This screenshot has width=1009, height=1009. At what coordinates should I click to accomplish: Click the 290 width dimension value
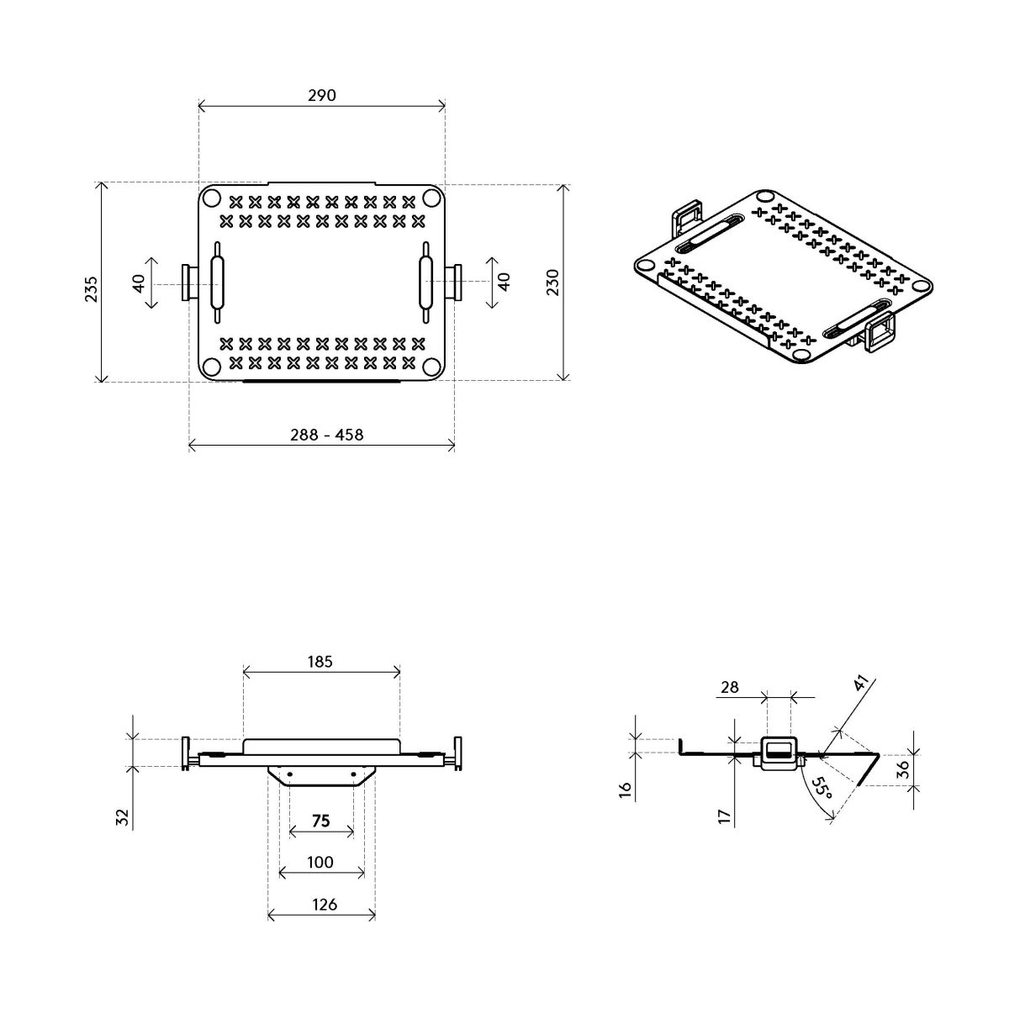[x=321, y=95]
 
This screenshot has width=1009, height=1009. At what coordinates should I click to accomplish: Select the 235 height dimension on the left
[x=91, y=288]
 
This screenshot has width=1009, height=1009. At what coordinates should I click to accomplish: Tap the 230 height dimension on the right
[x=552, y=282]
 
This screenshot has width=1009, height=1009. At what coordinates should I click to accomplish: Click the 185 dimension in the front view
[x=320, y=662]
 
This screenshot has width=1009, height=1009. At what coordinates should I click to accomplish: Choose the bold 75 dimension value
[x=320, y=821]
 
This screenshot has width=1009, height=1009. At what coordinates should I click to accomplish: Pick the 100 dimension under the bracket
[x=320, y=862]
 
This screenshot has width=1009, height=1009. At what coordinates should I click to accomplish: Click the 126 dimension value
[x=324, y=905]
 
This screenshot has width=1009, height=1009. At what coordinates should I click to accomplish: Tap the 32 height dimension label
[x=121, y=816]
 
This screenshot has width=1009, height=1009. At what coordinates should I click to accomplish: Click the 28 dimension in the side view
[x=729, y=687]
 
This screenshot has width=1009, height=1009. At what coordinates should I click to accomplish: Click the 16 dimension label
[x=626, y=790]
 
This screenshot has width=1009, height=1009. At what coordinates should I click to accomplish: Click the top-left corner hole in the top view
[x=211, y=198]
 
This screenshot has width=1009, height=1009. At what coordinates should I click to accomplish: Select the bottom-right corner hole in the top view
[x=431, y=367]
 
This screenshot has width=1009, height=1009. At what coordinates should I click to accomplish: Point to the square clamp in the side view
[x=778, y=751]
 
